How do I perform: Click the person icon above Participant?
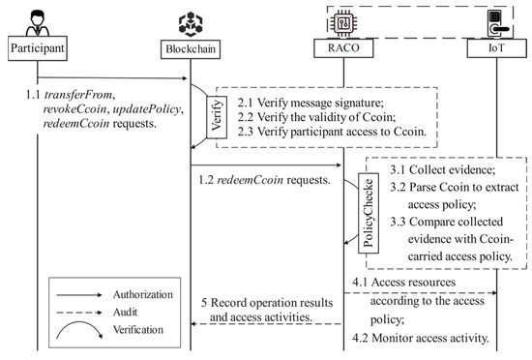(x=37, y=18)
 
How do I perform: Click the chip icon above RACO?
(x=344, y=19)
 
